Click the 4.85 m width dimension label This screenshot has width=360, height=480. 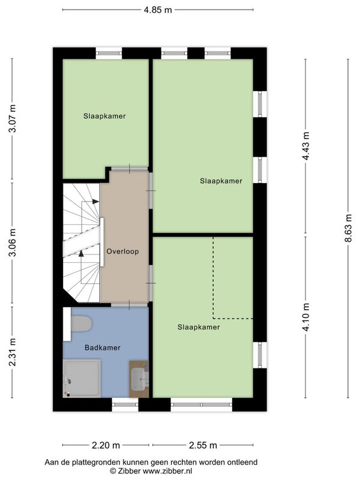(158, 10)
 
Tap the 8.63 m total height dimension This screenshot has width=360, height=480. (348, 228)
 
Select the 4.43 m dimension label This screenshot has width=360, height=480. (305, 146)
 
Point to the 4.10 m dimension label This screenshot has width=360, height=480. (305, 317)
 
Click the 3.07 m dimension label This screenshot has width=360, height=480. (12, 118)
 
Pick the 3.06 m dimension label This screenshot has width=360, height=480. (12, 242)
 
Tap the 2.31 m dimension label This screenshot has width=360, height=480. (12, 352)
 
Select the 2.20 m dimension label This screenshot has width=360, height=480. (106, 445)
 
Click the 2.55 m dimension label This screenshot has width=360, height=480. (203, 445)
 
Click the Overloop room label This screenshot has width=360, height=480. (122, 251)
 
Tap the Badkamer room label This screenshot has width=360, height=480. (103, 347)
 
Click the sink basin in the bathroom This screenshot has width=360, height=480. (139, 379)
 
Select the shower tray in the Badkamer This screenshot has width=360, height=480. (82, 379)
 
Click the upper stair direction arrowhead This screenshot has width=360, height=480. (95, 202)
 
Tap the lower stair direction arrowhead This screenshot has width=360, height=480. (81, 253)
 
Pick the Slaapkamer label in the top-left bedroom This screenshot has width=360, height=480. (104, 116)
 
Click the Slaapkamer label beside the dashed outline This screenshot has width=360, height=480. (199, 327)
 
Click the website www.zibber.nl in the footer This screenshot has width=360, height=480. (167, 471)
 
